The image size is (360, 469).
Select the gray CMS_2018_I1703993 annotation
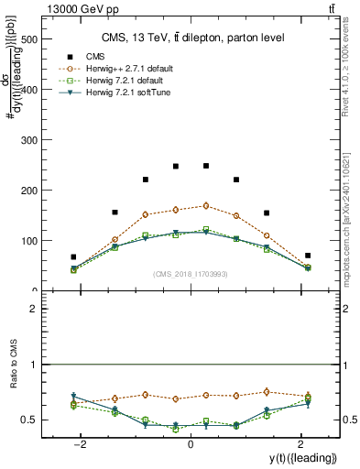[191, 274]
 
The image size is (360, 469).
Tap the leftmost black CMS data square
[74, 257]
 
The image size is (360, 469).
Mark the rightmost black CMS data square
[308, 256]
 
